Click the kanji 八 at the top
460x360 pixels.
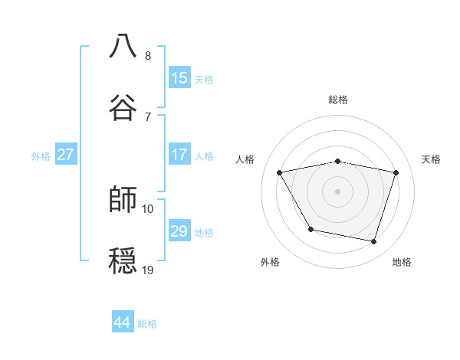pos(123,46)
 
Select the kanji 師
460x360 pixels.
pos(123,199)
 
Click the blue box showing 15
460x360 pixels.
pos(179,78)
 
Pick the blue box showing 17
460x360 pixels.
pos(179,155)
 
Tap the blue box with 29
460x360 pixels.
pos(179,231)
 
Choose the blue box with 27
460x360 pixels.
pos(65,155)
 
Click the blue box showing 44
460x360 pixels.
pos(123,322)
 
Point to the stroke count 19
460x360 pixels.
pos(148,269)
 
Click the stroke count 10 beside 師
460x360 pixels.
pos(148,208)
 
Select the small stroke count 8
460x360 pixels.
pos(148,56)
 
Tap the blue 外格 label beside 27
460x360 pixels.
pos(41,156)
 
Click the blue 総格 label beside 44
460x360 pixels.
pos(147,324)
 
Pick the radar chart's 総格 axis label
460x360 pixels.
pos(338,100)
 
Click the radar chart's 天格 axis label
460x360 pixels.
pos(432,159)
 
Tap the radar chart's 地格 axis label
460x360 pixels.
pos(402,262)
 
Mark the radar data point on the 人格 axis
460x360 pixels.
pos(280,172)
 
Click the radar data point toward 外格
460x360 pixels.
pos(310,229)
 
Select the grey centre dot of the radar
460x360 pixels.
pos(338,191)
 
